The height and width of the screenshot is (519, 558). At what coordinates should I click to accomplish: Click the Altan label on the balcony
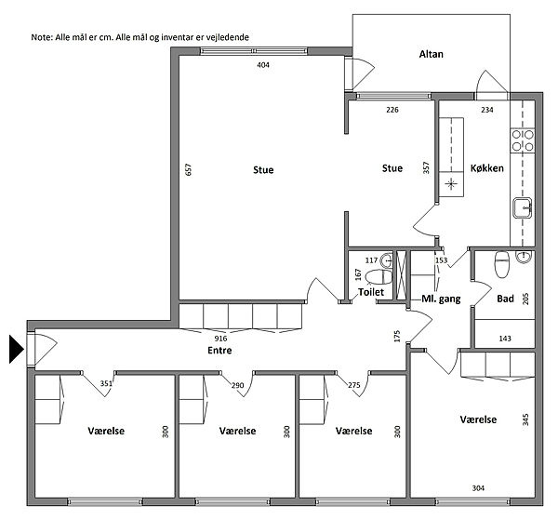click(431, 54)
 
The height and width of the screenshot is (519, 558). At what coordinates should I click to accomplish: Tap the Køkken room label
click(486, 168)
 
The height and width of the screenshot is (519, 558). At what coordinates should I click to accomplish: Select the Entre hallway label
click(219, 351)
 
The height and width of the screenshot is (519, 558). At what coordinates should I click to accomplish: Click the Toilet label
click(371, 292)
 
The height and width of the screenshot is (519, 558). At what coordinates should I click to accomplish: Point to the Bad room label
click(505, 299)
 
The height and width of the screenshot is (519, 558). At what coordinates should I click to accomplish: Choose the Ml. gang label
click(441, 299)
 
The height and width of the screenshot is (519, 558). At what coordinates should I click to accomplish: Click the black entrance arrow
click(17, 349)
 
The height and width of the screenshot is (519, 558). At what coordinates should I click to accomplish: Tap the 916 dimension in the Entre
click(220, 339)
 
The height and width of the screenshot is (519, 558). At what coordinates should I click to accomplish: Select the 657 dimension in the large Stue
click(188, 169)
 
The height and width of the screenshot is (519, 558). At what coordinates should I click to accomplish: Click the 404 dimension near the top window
click(263, 65)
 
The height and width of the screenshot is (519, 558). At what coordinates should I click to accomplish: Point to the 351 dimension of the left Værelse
click(106, 383)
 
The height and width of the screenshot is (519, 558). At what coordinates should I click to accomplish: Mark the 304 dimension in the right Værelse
click(478, 488)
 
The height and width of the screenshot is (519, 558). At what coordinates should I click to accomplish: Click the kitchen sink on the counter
click(522, 208)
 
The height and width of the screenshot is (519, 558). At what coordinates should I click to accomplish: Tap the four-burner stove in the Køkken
click(523, 141)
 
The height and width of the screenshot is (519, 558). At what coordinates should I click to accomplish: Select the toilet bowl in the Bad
click(502, 264)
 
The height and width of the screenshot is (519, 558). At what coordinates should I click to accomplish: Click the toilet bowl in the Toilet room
click(379, 277)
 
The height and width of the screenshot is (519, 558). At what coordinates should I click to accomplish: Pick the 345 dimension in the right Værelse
click(525, 419)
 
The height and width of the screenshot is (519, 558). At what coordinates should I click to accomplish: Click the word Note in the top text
click(41, 37)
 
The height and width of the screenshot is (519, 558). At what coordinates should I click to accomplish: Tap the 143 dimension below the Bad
click(505, 339)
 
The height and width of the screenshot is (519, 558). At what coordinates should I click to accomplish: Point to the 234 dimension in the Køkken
click(486, 110)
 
